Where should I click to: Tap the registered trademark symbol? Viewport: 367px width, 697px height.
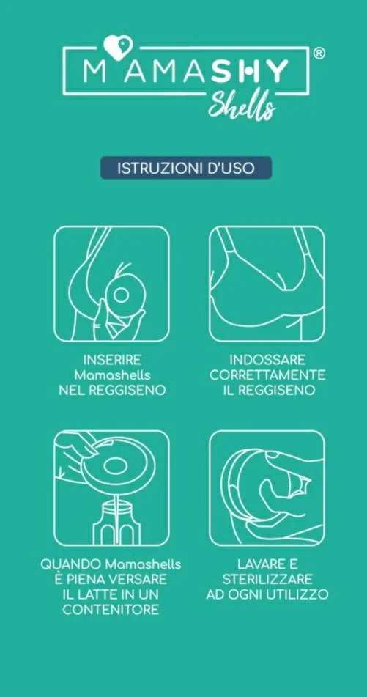[x=319, y=53]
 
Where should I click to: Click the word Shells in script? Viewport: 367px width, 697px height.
[x=242, y=106]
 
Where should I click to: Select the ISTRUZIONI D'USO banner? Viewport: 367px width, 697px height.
[x=186, y=168]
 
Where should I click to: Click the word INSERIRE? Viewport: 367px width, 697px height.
[x=112, y=359]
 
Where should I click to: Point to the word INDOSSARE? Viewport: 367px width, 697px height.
[x=267, y=359]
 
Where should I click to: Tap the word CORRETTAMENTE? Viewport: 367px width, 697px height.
[x=267, y=375]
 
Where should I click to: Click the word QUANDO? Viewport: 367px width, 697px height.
[x=70, y=564]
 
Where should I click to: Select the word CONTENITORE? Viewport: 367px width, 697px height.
[x=111, y=610]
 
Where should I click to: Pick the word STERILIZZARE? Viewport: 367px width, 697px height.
[x=267, y=579]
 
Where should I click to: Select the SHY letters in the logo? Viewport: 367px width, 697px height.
[x=250, y=71]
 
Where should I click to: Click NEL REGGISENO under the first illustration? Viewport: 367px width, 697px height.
[x=112, y=390]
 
